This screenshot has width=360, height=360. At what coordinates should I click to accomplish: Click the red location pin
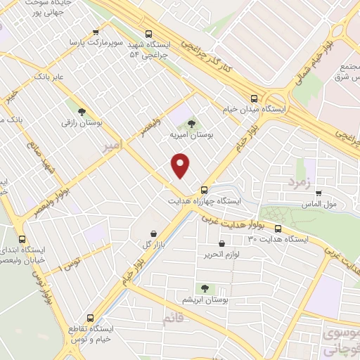pos(181,165)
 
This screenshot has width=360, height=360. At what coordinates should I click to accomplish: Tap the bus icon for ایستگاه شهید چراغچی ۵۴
pos(148,33)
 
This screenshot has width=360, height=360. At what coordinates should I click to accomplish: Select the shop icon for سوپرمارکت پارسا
pos(96,32)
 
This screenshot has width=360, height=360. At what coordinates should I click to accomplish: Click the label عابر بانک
pos(51,75)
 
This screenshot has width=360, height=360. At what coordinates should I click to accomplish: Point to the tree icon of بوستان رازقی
pos(83,111)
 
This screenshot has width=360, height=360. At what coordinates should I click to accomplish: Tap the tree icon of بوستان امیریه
pos(191,124)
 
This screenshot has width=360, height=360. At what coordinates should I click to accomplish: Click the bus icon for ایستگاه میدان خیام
pos(253,98)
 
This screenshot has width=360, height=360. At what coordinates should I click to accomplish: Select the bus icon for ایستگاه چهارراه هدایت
pos(204,189)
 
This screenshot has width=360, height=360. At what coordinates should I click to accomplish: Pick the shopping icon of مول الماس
pos(319,193)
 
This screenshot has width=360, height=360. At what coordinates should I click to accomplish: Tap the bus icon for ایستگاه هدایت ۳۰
pos(278,229)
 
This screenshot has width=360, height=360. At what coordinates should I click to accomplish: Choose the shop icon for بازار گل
pos(153,233)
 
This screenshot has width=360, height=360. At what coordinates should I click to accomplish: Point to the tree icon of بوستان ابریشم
pos(205,288)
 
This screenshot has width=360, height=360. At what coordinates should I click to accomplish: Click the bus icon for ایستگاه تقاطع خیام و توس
pos(89,318)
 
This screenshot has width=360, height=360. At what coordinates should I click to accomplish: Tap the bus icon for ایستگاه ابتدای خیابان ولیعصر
pos(22,239)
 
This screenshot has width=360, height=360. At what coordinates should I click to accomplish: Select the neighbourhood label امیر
pos(112,146)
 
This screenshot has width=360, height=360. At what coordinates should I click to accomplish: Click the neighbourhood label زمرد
pos(298,184)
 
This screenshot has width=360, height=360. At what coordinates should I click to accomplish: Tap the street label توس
pos(71,264)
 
